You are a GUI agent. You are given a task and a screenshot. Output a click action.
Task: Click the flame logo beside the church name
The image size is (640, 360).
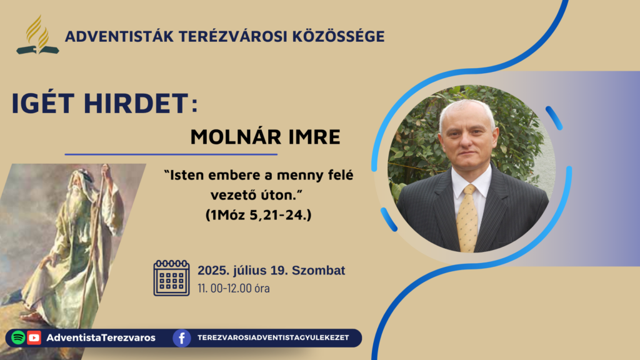37,35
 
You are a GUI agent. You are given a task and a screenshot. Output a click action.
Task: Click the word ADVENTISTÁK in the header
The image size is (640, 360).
119,36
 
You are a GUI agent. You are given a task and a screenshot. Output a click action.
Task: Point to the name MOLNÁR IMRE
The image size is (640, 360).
265,137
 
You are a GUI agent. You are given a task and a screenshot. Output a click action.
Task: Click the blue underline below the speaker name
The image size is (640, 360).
171,155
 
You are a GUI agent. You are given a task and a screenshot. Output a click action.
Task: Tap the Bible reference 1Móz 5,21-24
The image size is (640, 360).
258,215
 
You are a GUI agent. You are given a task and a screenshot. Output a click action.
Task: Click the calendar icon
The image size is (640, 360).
171,277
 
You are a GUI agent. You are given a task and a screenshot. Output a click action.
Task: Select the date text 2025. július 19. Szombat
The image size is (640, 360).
271,270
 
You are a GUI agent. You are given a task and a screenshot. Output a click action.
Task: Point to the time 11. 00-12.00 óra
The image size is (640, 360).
234,288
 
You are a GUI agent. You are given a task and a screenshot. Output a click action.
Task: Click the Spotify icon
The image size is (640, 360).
18,337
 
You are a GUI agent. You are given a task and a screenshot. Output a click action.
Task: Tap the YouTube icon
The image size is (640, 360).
34,337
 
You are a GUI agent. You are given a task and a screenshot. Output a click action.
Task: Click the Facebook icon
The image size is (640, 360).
182,338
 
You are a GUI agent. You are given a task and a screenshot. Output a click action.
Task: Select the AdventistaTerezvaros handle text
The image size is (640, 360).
101,337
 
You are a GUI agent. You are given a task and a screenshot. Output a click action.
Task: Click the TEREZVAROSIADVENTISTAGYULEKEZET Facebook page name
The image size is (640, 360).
273,337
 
